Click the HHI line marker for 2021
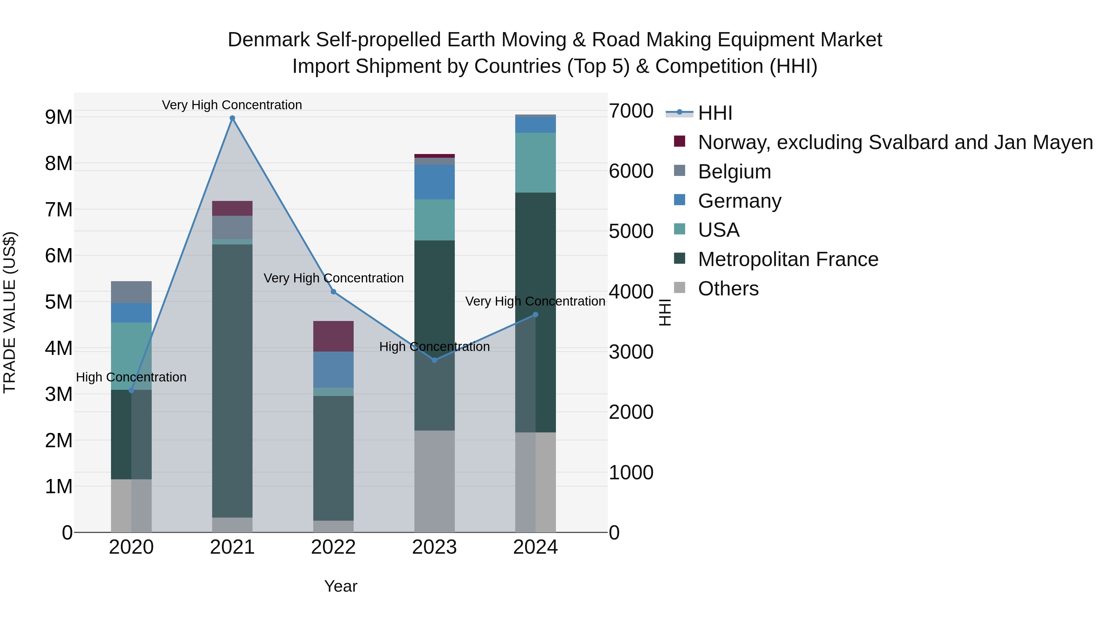tap(232, 118)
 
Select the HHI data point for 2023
tap(434, 360)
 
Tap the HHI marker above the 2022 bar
tap(333, 292)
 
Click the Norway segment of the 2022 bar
tap(333, 336)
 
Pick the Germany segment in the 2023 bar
tap(434, 182)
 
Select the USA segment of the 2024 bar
tap(535, 163)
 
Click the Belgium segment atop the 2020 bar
tap(131, 293)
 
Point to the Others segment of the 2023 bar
tap(434, 481)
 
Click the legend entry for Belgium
tap(734, 172)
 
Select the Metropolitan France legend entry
tap(788, 259)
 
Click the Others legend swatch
tap(680, 288)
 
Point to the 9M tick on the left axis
tap(59, 117)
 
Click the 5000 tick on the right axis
tap(631, 231)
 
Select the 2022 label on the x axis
tap(333, 547)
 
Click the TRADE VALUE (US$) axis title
tap(10, 312)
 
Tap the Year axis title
tap(340, 586)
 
